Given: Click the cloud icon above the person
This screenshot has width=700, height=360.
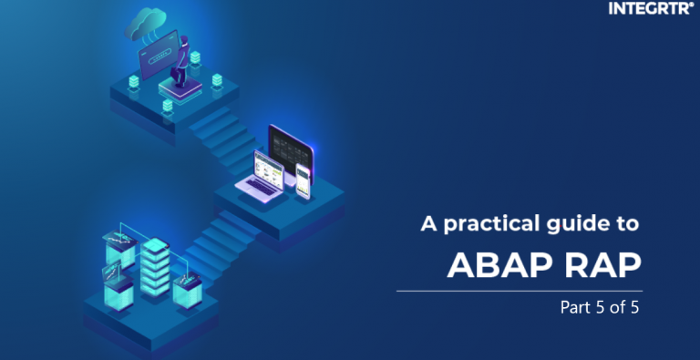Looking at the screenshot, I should coord(147,22).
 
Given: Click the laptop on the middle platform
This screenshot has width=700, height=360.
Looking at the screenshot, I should coord(259,174).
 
